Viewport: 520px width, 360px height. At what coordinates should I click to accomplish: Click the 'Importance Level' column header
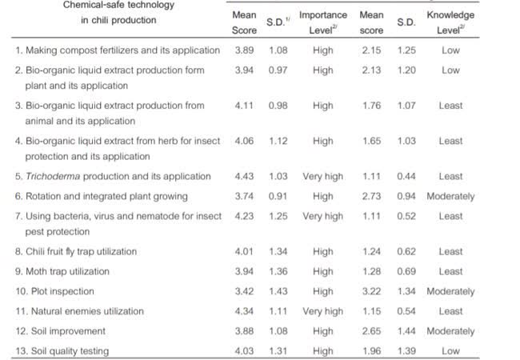323,22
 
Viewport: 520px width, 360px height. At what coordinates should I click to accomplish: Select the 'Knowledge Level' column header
450,22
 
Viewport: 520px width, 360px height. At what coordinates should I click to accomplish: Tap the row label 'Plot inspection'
55,291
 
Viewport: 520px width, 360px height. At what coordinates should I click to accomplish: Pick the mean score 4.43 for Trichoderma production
244,176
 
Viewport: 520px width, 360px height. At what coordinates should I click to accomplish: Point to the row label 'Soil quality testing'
62,350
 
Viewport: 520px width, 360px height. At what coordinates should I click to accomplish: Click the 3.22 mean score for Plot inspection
371,291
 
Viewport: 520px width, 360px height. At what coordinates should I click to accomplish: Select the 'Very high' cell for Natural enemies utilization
323,311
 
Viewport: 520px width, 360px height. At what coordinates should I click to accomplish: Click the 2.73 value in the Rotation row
371,196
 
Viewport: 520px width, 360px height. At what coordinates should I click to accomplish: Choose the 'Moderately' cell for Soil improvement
450,330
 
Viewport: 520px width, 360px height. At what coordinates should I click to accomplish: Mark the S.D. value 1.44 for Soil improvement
410,330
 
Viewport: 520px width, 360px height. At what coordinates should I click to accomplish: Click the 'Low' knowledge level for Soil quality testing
450,350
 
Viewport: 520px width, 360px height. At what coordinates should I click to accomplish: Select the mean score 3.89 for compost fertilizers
244,50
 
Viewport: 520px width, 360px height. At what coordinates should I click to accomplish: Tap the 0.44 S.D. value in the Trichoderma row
410,176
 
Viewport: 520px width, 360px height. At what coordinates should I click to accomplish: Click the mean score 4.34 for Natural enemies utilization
244,311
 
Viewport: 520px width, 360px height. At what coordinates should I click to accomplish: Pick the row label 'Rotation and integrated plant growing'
102,196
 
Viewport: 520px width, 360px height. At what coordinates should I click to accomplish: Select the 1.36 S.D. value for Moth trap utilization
278,271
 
